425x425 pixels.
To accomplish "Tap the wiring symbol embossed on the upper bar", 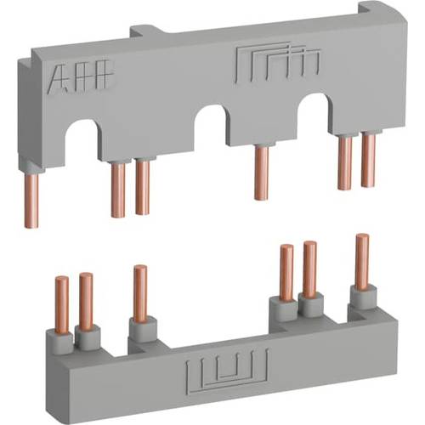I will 259,64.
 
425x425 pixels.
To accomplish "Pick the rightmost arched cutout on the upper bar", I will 314,111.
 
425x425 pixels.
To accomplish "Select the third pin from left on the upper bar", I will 142,185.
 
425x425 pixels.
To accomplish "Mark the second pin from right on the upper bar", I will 344,162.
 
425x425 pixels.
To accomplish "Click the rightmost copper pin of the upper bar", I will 368,160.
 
